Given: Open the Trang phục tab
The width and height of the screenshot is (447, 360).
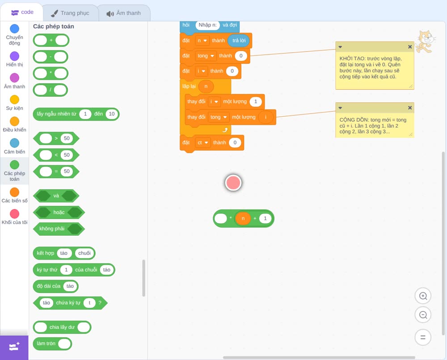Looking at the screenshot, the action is pos(70,13).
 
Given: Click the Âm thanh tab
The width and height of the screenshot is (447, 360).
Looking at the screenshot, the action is pos(124,13).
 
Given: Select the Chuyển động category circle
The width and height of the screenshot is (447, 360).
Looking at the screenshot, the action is pos(15,29).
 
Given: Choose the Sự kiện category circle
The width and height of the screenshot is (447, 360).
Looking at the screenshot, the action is pos(15,100).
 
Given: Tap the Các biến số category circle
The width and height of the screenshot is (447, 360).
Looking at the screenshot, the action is pos(15,192).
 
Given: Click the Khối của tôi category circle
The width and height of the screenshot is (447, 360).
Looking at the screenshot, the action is pos(15,213).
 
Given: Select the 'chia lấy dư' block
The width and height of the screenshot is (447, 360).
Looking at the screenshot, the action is pos(62,327).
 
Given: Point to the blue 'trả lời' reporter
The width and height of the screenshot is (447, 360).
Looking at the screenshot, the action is pos(239,41).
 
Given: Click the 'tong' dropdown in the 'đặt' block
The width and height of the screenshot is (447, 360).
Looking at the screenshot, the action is pos(206,56).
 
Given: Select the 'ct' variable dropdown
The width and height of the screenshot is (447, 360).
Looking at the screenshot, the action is pos(202,142).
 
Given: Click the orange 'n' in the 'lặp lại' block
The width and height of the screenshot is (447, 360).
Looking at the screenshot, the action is pos(206,86).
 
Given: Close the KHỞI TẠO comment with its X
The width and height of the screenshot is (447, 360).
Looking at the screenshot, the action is pos(409,47).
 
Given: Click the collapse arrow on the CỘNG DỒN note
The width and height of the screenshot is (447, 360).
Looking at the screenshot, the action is pos(340,108).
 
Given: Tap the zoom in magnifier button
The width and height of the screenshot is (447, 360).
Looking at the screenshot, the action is pos(423,296).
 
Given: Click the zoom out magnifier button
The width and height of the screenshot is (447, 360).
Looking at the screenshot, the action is pos(423,315).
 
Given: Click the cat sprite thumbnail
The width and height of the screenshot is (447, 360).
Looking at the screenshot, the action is pos(425,42).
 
